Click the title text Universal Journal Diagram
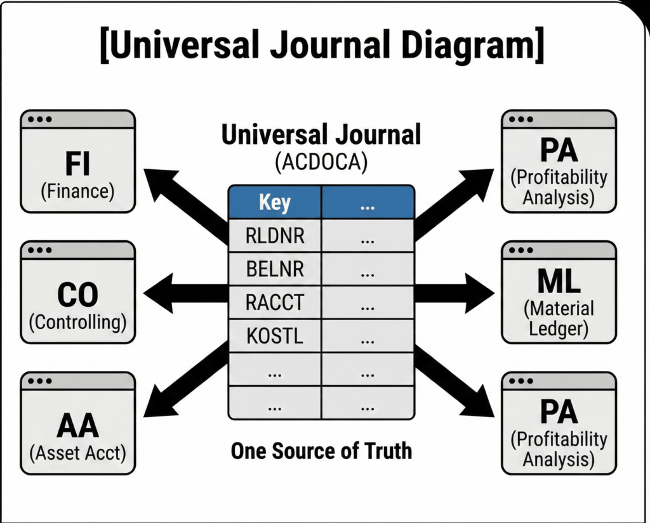pyautogui.click(x=322, y=45)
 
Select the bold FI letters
pyautogui.click(x=77, y=164)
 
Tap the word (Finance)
pyautogui.click(x=77, y=191)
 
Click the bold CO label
pyautogui.click(x=77, y=295)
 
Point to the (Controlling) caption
pyautogui.click(x=77, y=321)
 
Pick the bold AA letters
pyautogui.click(x=77, y=427)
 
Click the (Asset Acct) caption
pyautogui.click(x=77, y=453)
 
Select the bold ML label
pyautogui.click(x=559, y=283)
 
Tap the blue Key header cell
pyautogui.click(x=274, y=203)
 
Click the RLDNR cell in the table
pyautogui.click(x=274, y=236)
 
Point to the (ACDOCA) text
pyautogui.click(x=321, y=162)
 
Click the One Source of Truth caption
pyautogui.click(x=321, y=451)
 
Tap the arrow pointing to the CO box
pyautogui.click(x=184, y=294)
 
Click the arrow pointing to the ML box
pyautogui.click(x=454, y=294)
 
